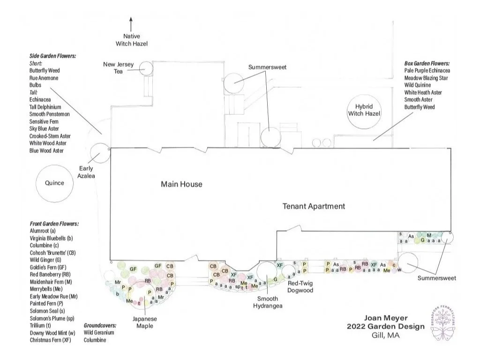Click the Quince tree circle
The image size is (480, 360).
(x=54, y=183)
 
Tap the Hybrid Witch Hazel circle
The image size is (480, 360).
(x=364, y=111)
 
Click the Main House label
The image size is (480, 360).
(x=181, y=184)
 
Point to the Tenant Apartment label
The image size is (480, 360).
(x=314, y=206)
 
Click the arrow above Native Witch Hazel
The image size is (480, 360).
(x=131, y=22)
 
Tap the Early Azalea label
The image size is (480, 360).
(x=86, y=172)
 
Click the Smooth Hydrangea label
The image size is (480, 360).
(x=265, y=302)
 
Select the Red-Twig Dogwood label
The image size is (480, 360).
(x=300, y=287)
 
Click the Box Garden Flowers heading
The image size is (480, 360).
(x=427, y=63)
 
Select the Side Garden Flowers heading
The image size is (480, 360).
(x=52, y=56)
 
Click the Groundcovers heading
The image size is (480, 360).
(x=100, y=325)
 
